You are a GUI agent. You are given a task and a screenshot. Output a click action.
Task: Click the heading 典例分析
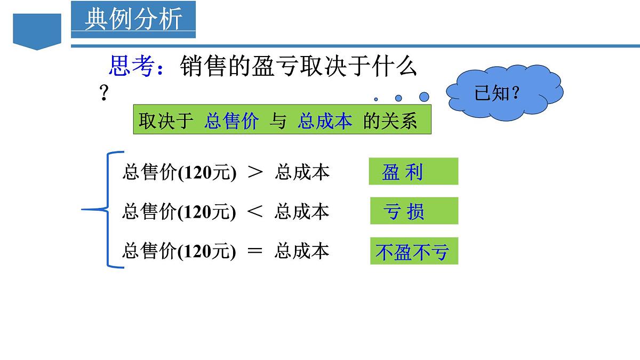[x=133, y=19]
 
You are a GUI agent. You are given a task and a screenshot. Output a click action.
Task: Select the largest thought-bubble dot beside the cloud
[x=424, y=97]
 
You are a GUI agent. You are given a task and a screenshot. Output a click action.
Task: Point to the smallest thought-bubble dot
[x=376, y=99]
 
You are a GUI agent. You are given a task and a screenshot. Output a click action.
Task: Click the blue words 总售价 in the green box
[x=231, y=122]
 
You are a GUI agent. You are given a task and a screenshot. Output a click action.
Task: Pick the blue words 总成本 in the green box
[x=325, y=122]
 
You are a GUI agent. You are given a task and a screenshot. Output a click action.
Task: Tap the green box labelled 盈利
[x=413, y=171]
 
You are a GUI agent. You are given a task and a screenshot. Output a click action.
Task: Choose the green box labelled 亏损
[x=414, y=211]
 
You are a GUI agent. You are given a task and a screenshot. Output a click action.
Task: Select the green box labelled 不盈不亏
[x=414, y=251]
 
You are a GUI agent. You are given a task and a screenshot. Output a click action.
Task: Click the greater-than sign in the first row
[x=255, y=172]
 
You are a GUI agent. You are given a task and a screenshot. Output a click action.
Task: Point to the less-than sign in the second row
[x=255, y=212]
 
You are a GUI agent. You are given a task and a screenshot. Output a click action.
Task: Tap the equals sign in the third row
[x=255, y=251]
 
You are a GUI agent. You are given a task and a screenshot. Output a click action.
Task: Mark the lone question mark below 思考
[x=105, y=94]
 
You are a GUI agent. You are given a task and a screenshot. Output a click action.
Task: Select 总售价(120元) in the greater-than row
[x=179, y=172]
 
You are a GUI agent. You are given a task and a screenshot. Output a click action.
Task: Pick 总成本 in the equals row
[x=302, y=251]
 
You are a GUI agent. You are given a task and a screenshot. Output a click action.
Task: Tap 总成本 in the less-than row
[x=302, y=212]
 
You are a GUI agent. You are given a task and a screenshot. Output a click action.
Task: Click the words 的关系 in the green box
[x=390, y=122]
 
